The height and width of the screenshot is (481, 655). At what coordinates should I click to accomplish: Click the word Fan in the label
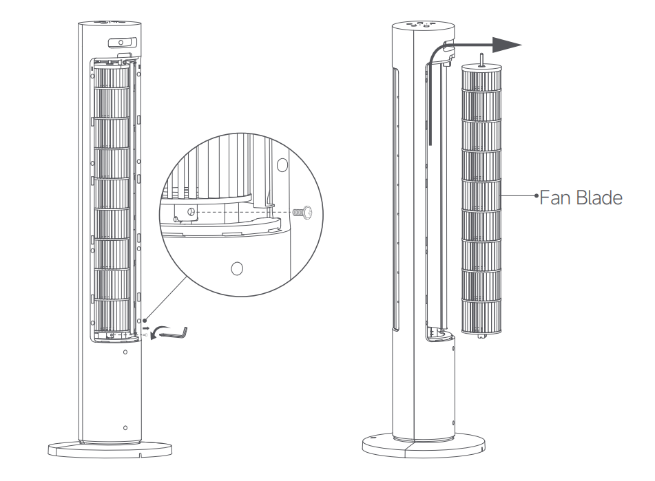pos(554,197)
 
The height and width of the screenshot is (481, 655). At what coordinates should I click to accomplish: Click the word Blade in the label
pos(597,197)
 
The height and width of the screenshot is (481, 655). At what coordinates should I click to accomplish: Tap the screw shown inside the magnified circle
pos(304,213)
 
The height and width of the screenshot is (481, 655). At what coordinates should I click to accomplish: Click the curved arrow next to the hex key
pos(156,333)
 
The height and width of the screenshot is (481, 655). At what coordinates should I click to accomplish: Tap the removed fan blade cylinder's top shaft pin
pos(481,58)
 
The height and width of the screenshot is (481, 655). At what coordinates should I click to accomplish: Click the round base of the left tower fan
pos(110,449)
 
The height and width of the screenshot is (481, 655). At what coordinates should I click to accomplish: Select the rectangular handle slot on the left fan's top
pos(123,43)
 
